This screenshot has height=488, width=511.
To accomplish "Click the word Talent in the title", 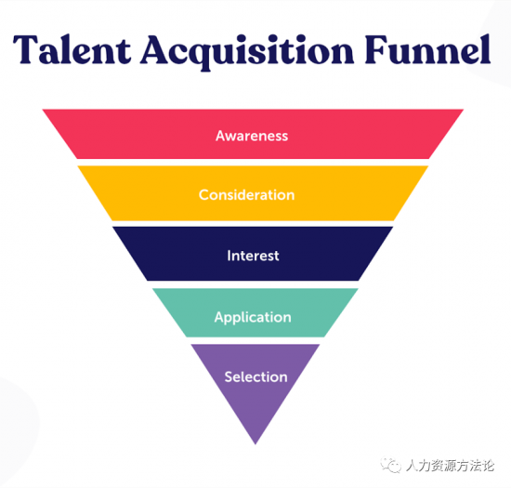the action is point(72,49).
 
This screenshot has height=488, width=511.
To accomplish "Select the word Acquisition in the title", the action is point(248,52).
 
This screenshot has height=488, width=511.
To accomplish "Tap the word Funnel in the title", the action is point(427,49).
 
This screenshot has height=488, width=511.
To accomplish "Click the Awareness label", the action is point(252,136).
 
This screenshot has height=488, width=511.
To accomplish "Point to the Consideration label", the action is point(247,195).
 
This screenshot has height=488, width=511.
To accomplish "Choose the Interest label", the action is point(253,256).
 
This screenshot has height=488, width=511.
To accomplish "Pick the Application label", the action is point(253,318).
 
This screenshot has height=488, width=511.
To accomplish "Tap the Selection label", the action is point(255,376).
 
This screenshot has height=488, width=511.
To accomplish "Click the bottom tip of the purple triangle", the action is point(255,444).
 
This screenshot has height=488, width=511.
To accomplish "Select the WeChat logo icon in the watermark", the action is point(390,464).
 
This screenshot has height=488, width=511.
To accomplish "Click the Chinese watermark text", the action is point(450,466).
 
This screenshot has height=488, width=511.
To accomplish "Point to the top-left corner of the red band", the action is point(43,110).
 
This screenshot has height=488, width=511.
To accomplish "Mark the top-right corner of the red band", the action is point(463,110).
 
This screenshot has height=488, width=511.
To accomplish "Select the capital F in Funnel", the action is point(375,49).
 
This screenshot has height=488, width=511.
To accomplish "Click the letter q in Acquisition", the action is point(202,56).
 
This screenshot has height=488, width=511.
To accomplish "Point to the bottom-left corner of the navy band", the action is point(148,281).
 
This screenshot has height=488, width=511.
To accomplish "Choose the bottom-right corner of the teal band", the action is point(324,336).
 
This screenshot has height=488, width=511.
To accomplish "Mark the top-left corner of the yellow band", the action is point(77,166).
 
